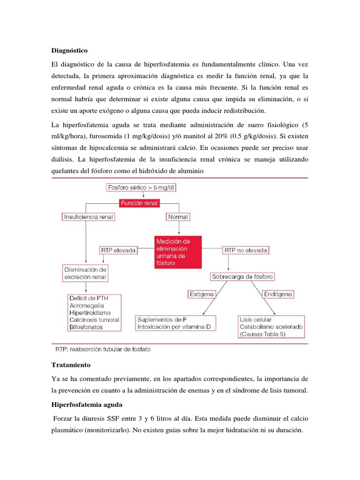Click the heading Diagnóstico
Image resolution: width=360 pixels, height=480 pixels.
point(69,50)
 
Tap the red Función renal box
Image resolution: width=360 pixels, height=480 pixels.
point(139,203)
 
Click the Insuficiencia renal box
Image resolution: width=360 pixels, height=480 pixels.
point(89,217)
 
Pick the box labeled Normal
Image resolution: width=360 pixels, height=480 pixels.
point(178,217)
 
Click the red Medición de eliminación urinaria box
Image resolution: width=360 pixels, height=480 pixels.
point(178,252)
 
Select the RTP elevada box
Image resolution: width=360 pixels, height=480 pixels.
point(118,250)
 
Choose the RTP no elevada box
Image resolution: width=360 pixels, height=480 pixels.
point(246,250)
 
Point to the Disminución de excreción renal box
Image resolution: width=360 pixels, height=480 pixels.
point(85,273)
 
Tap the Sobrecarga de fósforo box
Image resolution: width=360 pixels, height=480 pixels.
point(243,277)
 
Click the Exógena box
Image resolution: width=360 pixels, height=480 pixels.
point(202,294)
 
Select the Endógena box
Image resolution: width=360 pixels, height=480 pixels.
point(277,294)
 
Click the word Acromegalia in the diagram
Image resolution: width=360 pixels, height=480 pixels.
point(87,305)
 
